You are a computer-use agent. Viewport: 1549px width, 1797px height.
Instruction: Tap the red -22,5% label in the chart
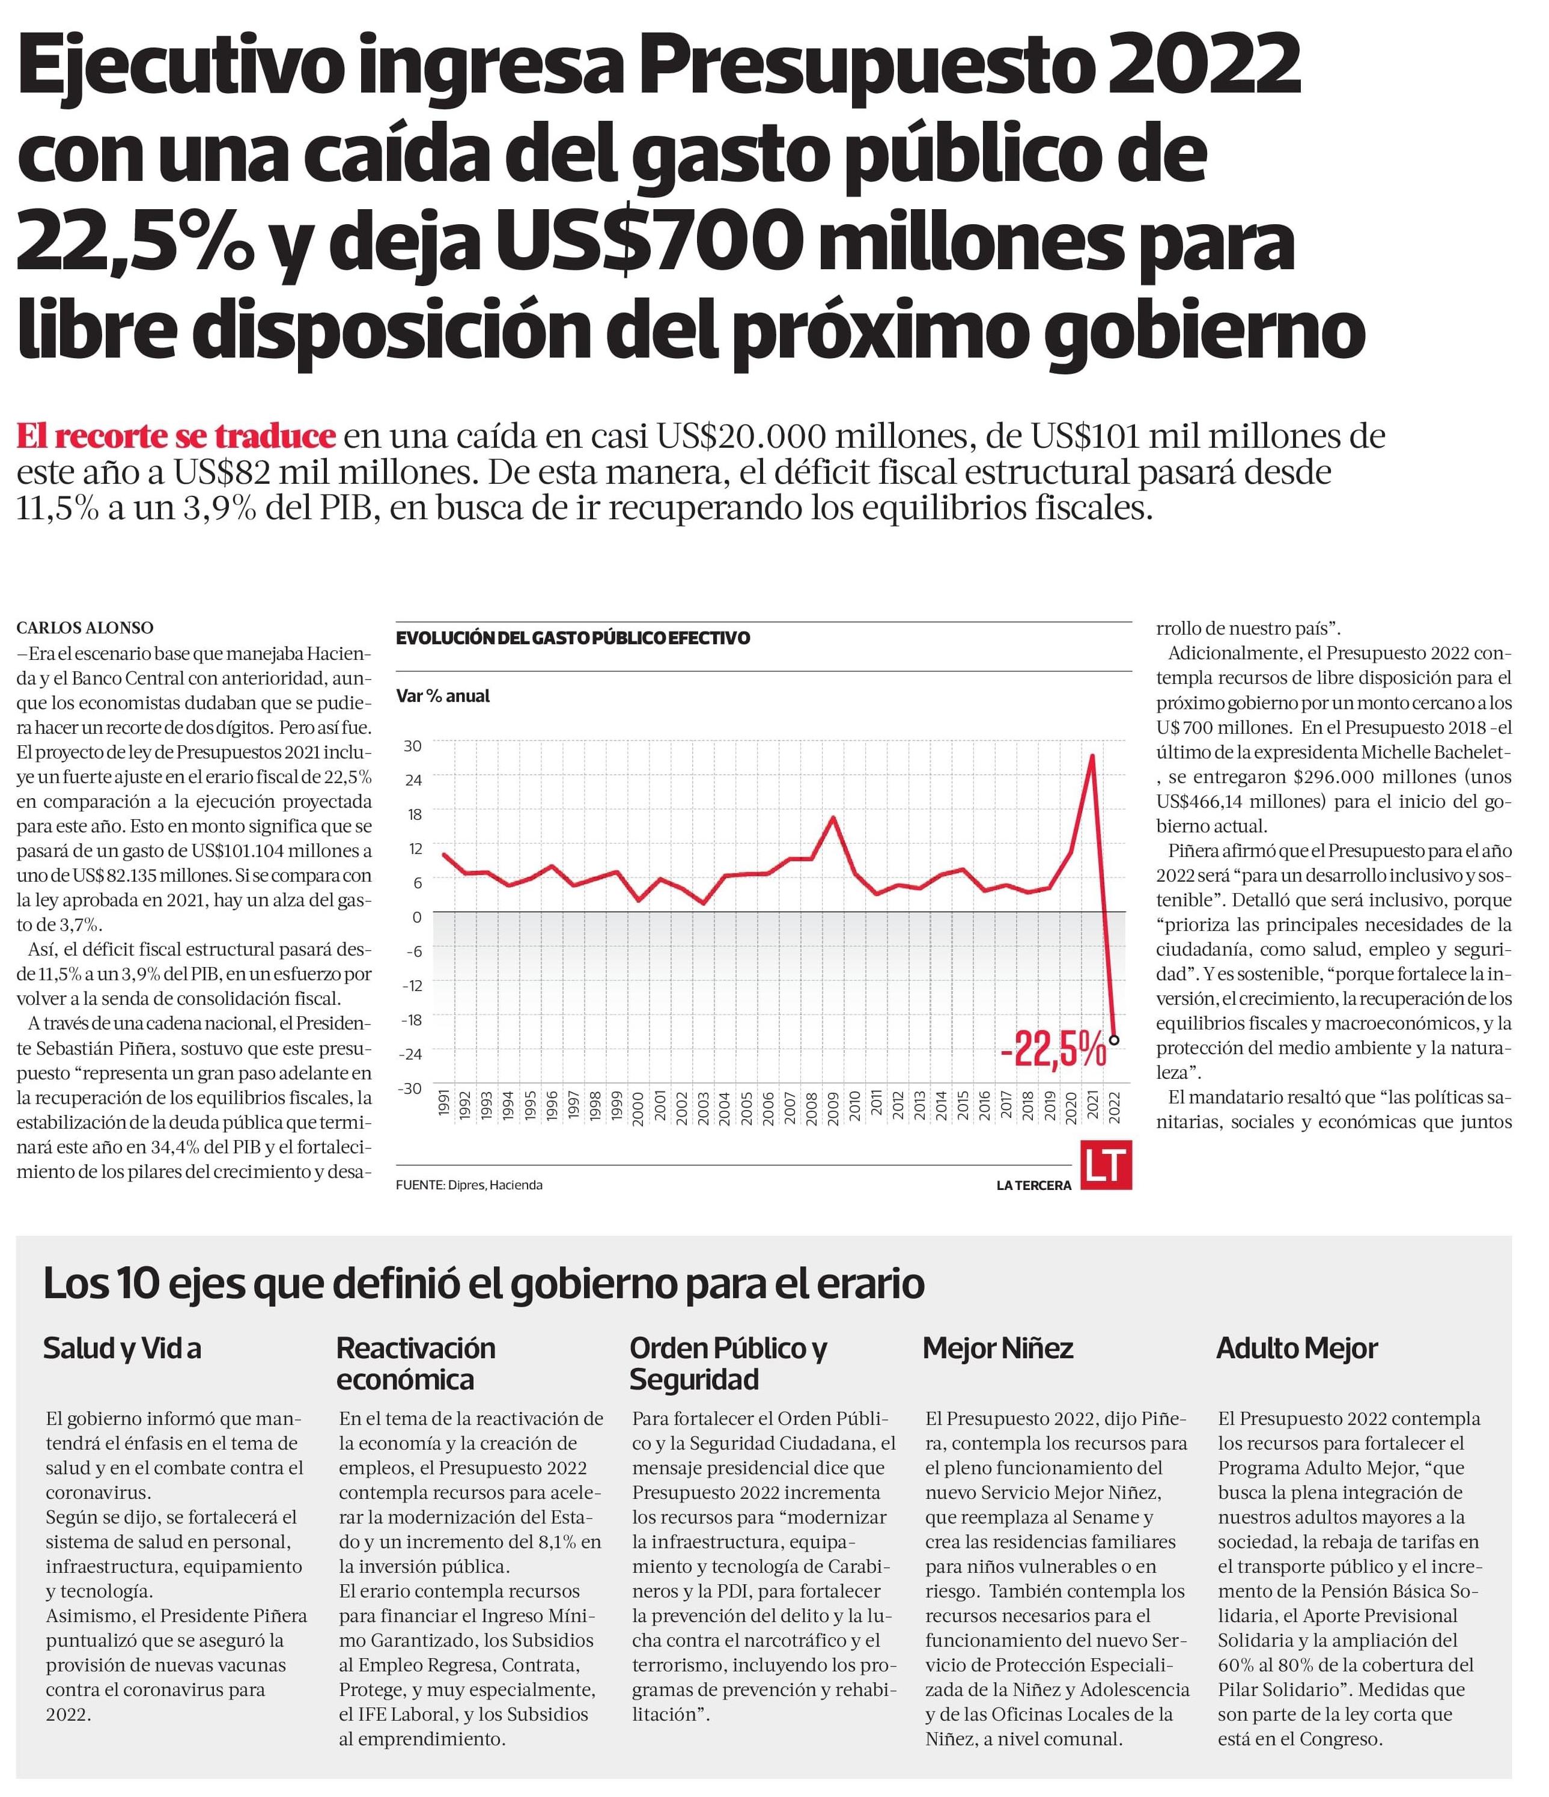1053,1051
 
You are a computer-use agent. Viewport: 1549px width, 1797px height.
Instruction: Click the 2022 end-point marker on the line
1113,1039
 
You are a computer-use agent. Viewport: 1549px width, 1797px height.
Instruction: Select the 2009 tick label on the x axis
833,1108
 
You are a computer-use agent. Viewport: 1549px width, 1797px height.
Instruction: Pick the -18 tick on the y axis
411,1019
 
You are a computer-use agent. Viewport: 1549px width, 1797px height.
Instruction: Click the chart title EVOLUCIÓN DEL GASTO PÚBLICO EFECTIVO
573,638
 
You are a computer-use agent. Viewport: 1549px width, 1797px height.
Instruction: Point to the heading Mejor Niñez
997,1347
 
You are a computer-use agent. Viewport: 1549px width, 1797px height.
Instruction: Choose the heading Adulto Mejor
1297,1347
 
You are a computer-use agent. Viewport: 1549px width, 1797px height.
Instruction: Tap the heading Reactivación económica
415,1362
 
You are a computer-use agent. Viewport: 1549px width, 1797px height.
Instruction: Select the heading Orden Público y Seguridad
728,1362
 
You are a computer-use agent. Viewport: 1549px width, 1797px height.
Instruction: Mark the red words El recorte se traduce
175,435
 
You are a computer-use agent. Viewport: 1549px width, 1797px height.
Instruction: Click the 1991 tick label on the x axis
445,1108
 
